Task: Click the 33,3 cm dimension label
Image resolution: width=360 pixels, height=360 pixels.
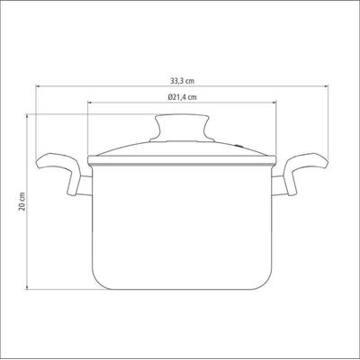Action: pyautogui.click(x=182, y=81)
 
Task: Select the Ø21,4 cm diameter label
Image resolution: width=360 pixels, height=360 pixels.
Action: pyautogui.click(x=183, y=97)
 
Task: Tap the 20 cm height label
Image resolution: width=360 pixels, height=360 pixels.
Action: pyautogui.click(x=22, y=201)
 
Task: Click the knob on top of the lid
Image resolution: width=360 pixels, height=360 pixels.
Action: pyautogui.click(x=182, y=128)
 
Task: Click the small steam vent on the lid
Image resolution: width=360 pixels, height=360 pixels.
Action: pyautogui.click(x=238, y=146)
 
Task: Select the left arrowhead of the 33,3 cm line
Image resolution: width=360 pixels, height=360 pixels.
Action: pyautogui.click(x=38, y=86)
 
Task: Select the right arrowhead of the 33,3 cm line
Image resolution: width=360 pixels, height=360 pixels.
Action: pyautogui.click(x=326, y=86)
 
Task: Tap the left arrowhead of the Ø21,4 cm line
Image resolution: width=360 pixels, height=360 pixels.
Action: pyautogui.click(x=89, y=103)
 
